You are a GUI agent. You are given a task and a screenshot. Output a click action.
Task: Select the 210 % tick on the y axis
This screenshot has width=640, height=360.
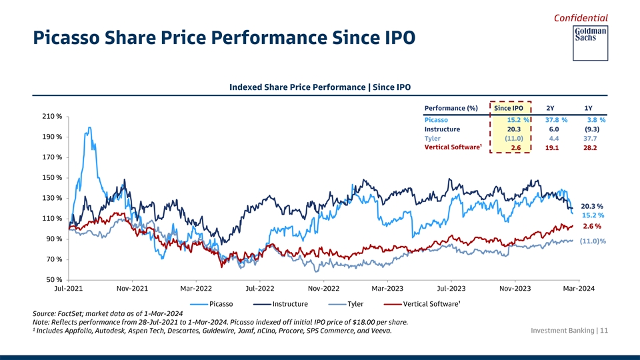coord(52,117)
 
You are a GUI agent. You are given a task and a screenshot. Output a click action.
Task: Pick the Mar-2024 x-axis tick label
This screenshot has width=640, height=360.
coord(579,289)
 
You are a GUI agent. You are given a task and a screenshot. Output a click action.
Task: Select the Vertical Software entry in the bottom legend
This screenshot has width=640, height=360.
coord(431,305)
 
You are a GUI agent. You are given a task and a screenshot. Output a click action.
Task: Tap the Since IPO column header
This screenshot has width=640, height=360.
coord(509,108)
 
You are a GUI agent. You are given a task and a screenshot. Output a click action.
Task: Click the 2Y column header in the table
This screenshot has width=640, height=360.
coord(550,108)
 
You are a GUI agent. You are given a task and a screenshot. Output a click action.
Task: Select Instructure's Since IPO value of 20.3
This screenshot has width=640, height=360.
coord(513,129)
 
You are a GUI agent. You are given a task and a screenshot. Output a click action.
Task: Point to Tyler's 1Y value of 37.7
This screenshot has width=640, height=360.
coord(590,139)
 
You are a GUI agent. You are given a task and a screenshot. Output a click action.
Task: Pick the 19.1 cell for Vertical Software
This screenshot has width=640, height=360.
coord(552,148)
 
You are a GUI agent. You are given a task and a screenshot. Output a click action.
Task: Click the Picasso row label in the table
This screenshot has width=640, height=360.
coord(436,120)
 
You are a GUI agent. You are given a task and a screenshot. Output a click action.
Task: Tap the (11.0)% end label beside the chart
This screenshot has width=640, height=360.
coord(593,241)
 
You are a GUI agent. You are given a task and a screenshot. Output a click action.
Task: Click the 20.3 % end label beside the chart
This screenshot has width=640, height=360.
coord(592,206)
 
